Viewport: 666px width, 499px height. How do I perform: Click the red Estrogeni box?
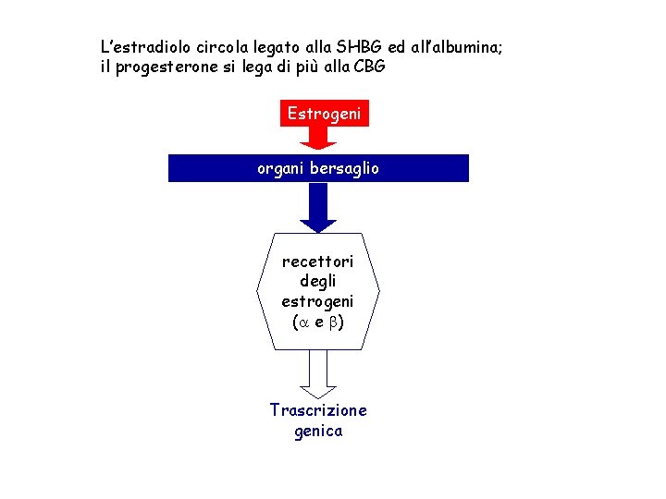coord(324,114)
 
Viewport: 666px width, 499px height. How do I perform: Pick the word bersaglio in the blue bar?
coord(344,169)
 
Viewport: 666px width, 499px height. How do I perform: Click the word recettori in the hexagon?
coord(317,262)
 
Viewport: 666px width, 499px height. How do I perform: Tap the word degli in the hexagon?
coord(317,281)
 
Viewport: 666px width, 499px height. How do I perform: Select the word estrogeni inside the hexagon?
coord(317,301)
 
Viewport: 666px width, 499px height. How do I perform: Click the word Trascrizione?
coord(317,409)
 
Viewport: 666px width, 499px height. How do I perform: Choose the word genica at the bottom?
coord(317,431)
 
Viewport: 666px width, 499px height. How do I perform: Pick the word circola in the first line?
coord(214,46)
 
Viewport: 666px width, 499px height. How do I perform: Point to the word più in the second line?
coord(300,67)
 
